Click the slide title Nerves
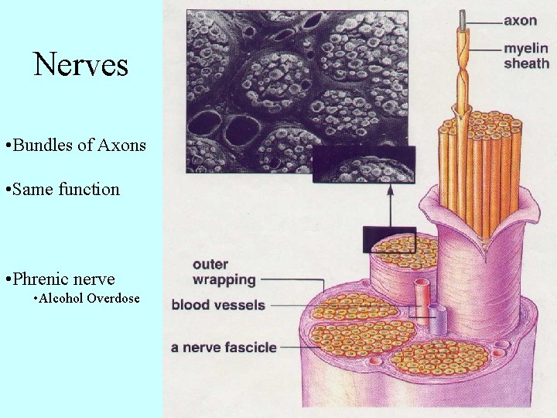pos(81,65)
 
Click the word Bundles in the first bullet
pos(43,145)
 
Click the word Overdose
pos(114,298)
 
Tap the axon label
pos(521,21)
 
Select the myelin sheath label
pos(526,56)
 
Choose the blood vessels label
pos(218,305)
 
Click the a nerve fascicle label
pos(224,348)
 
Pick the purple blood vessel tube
pos(437,317)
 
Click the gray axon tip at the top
pos(463,17)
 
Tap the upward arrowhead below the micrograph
pos(389,189)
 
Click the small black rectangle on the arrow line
pos(389,239)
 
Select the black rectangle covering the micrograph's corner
pos(363,163)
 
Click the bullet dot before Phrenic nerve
pos(7,279)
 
